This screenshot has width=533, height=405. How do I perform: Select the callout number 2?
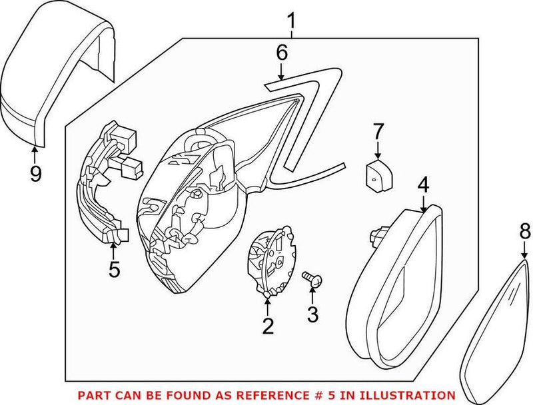pyautogui.click(x=268, y=326)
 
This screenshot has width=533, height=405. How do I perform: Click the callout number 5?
pyautogui.click(x=114, y=269)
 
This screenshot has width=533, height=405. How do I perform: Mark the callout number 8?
pyautogui.click(x=524, y=232)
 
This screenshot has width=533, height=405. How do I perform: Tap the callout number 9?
pyautogui.click(x=35, y=174)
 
